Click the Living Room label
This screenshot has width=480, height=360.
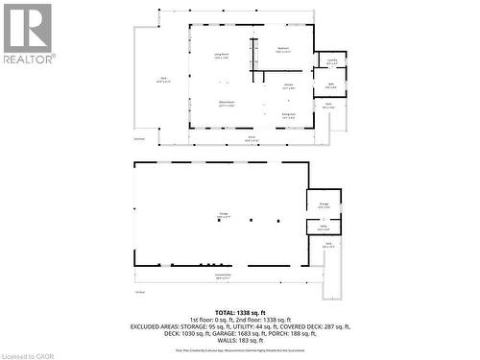[x=220, y=55]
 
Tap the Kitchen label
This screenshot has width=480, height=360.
[x=287, y=87]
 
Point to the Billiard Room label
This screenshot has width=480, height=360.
[x=227, y=103]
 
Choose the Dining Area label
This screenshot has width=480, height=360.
[x=288, y=115]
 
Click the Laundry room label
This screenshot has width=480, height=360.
[x=331, y=60]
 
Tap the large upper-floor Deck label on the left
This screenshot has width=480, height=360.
[x=163, y=80]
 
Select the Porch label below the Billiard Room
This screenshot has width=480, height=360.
[x=252, y=139]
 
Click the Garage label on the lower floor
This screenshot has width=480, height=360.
[x=224, y=216]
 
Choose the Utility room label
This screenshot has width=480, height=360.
[x=324, y=228]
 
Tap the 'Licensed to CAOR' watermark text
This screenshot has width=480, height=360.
[x=29, y=353]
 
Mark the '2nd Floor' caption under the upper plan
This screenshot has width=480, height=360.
[x=139, y=137]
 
